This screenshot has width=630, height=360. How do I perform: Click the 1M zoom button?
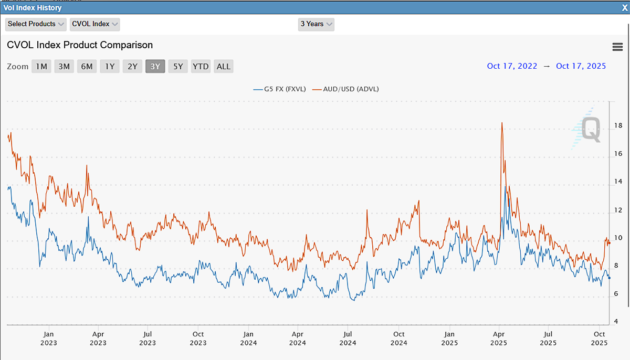coord(41,66)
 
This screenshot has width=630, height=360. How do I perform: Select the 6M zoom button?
coord(87,66)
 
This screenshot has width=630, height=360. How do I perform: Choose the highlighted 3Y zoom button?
coord(155,66)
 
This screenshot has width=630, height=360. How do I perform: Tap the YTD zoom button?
coord(201,66)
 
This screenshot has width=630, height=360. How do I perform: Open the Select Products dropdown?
coord(36,24)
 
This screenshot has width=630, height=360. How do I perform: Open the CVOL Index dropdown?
coord(95,24)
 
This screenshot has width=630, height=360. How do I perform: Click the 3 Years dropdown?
coord(316,24)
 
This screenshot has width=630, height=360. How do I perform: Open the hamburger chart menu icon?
coord(617,47)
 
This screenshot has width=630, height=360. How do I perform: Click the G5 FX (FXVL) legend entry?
coord(279,89)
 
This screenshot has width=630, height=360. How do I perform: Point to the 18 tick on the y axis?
coord(618,126)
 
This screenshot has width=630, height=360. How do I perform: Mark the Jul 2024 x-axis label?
coord(348,338)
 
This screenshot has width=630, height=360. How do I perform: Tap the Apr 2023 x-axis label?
coord(98,338)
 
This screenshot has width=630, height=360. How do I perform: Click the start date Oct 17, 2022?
coord(512,66)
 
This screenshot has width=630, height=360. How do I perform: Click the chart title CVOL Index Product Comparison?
coord(80,45)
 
